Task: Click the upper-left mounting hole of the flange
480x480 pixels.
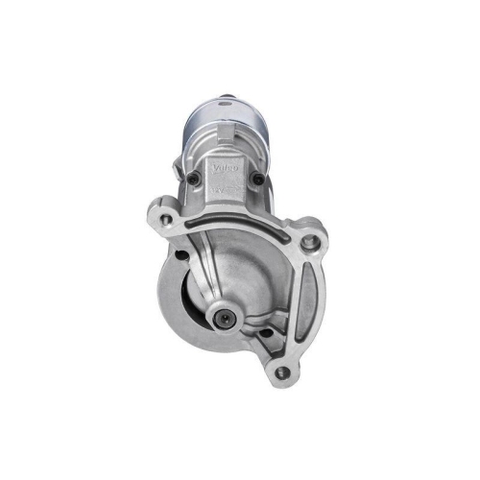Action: coord(167,220)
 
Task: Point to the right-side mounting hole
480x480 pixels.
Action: coord(308,242)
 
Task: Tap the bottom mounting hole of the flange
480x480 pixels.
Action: coord(281,372)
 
